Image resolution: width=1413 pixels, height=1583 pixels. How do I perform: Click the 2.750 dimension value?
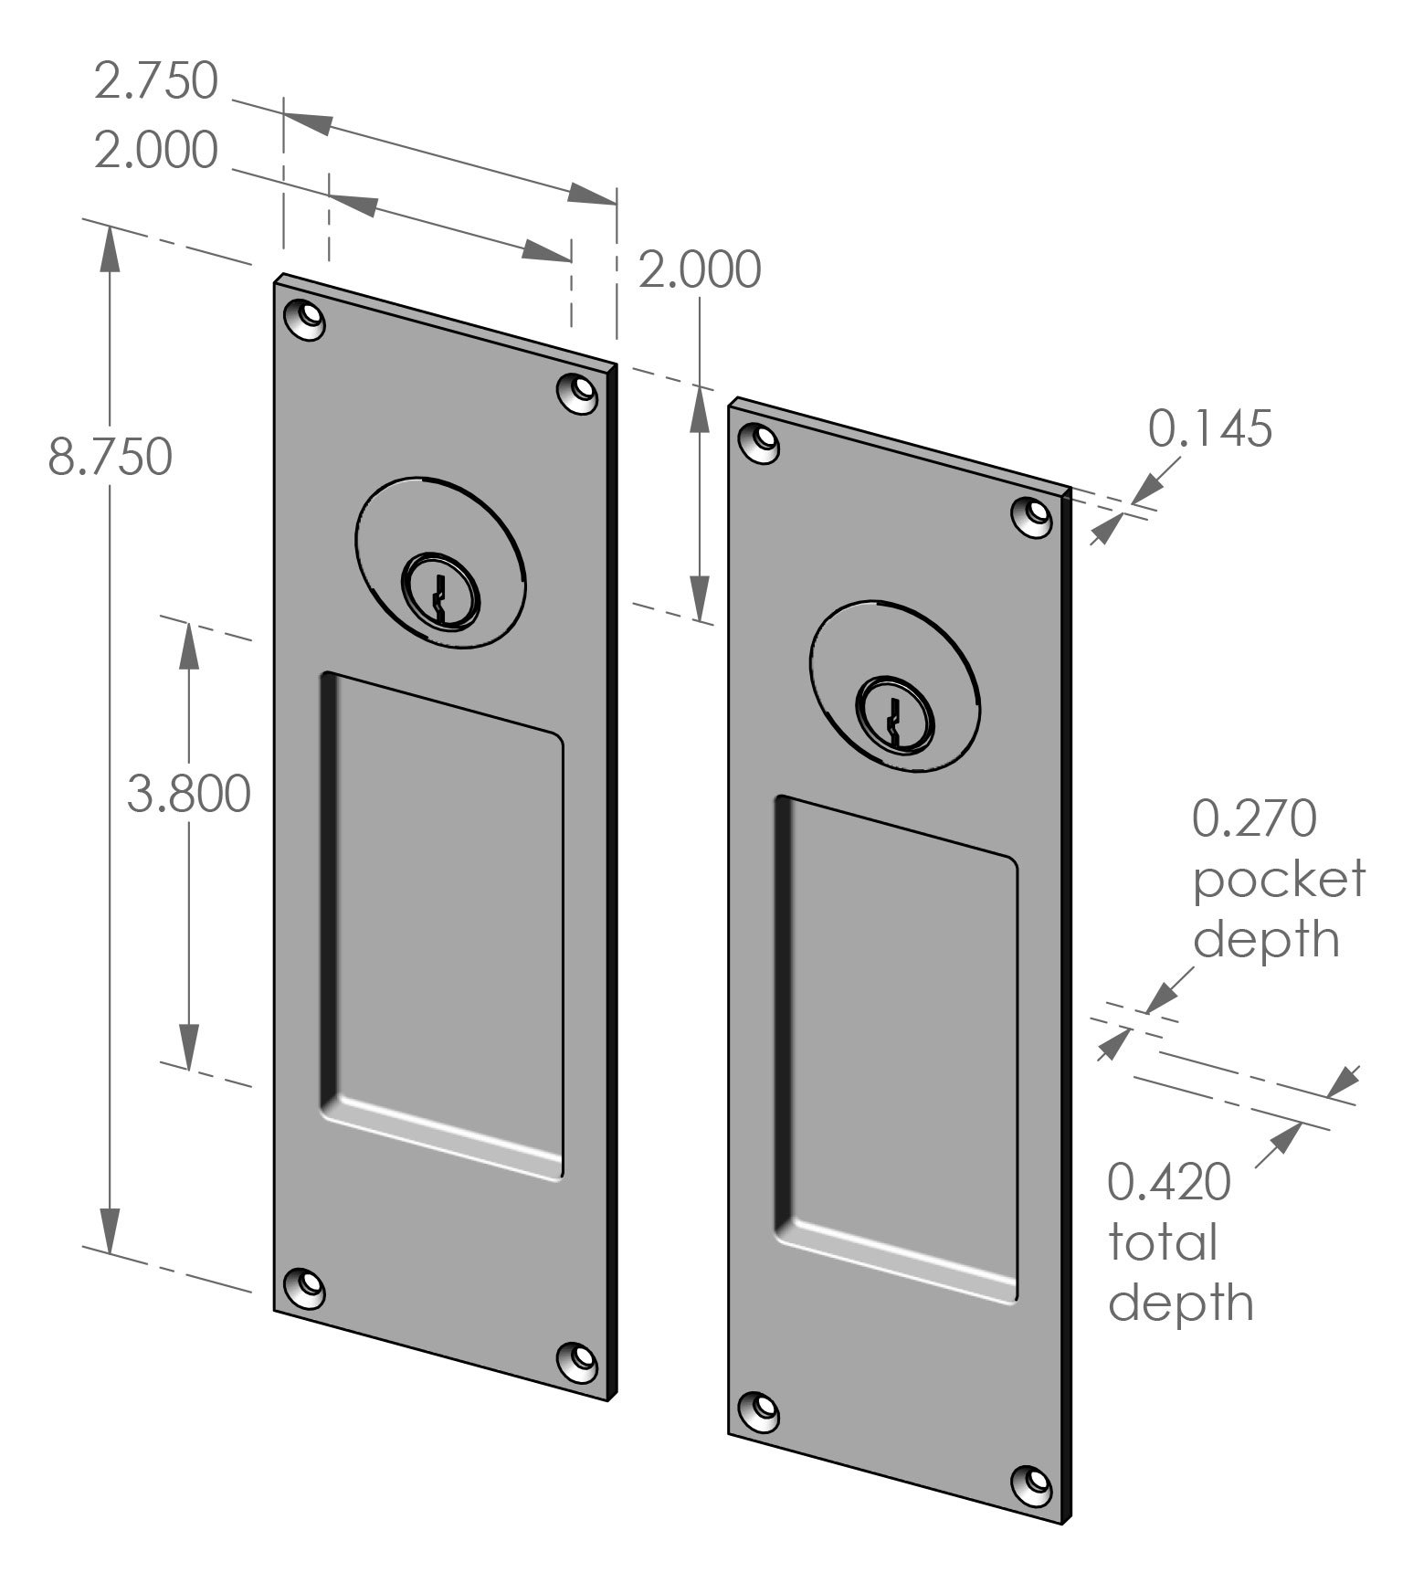(x=156, y=80)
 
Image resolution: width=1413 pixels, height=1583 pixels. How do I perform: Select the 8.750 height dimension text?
(x=110, y=456)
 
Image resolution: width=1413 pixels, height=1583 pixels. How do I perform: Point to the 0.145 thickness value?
(x=1209, y=428)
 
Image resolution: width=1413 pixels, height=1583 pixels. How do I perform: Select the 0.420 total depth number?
(x=1169, y=1182)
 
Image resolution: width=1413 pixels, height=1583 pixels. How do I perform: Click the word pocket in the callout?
(x=1279, y=879)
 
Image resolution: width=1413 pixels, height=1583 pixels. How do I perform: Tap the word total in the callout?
(x=1163, y=1242)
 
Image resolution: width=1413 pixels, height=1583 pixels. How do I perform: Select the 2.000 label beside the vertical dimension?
(x=699, y=269)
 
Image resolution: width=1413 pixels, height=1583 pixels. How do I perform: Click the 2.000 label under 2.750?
(x=156, y=150)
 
